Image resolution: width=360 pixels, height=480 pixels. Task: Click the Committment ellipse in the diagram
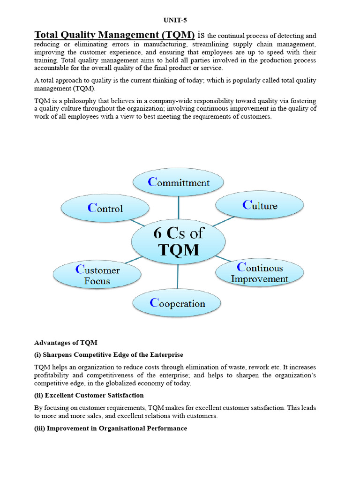click(178, 182)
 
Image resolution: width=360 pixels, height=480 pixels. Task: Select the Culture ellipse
click(259, 205)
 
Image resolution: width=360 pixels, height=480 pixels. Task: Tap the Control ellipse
click(105, 209)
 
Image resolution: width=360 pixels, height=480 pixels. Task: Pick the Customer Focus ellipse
click(97, 275)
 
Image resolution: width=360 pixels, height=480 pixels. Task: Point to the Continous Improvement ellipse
click(259, 273)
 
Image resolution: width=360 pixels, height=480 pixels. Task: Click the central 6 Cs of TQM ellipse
click(179, 242)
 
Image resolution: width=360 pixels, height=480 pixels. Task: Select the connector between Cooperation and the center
click(178, 277)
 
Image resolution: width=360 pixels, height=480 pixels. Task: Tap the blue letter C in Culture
click(247, 205)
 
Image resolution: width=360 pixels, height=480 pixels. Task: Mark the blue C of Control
click(92, 208)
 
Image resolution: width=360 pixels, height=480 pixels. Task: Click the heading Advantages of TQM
click(66, 343)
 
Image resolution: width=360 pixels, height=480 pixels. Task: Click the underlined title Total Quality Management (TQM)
click(114, 35)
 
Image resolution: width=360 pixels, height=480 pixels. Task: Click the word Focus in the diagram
click(97, 281)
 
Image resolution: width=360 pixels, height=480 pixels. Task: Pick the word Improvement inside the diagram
click(259, 279)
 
